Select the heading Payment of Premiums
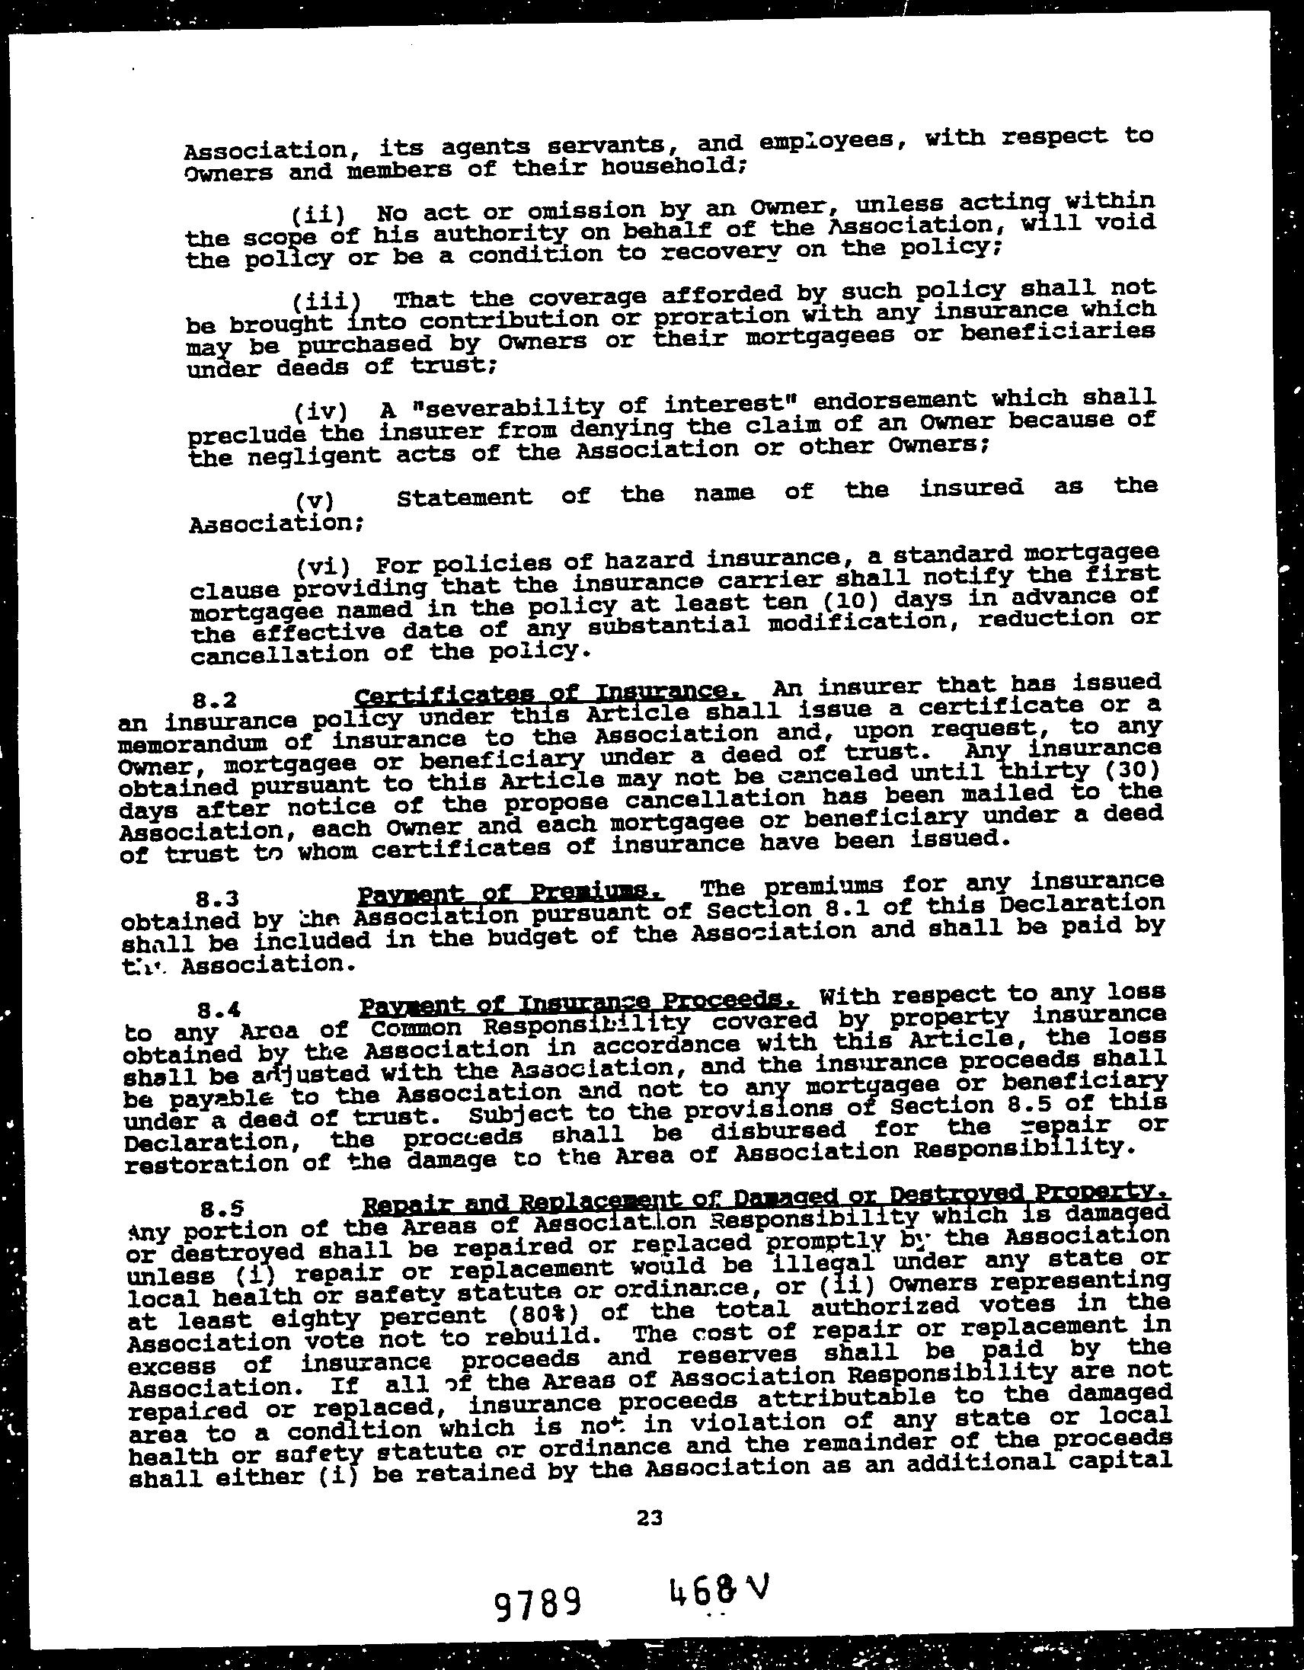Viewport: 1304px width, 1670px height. [510, 893]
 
